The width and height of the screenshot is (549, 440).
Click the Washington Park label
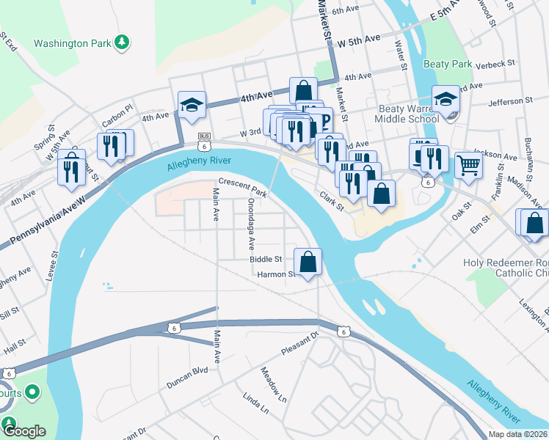click(x=70, y=43)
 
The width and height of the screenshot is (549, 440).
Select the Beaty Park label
click(x=452, y=65)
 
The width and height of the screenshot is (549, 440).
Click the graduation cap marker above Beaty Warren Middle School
click(x=445, y=100)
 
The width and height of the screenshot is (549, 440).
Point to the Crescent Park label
click(x=241, y=183)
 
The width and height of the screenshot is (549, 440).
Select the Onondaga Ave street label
click(x=251, y=221)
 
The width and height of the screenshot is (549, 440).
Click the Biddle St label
click(x=266, y=260)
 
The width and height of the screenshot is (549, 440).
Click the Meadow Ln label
click(x=274, y=386)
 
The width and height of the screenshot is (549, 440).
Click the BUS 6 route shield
click(x=205, y=139)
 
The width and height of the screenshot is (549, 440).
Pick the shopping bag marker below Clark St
click(x=382, y=194)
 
